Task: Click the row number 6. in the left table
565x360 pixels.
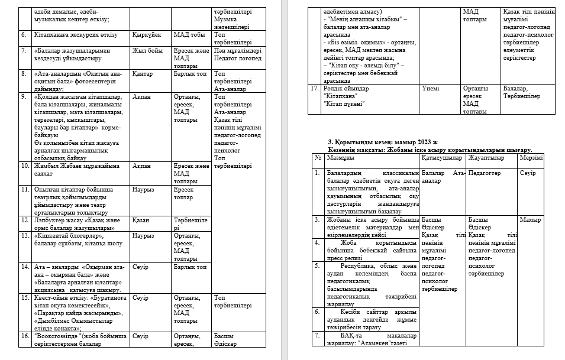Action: [x=24, y=35]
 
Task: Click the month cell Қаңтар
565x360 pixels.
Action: [x=143, y=74]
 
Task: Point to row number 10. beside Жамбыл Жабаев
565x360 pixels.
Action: [x=25, y=166]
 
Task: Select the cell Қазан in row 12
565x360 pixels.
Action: [x=141, y=220]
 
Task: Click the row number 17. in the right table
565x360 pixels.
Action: [x=315, y=88]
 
